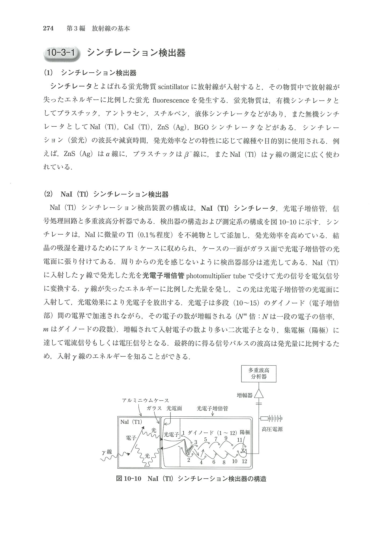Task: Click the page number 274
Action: click(49, 28)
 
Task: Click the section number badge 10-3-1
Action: click(62, 52)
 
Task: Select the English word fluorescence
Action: click(170, 100)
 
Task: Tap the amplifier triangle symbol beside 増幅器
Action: click(259, 394)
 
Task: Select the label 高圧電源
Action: click(272, 429)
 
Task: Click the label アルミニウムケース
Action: click(145, 401)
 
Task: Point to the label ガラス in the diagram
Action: click(154, 408)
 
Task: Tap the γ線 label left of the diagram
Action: click(107, 452)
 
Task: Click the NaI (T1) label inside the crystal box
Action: click(131, 422)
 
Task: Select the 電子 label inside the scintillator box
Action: click(131, 438)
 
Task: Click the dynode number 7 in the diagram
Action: click(215, 439)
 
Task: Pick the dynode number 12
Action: click(244, 461)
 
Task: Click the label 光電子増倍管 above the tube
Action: click(212, 408)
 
